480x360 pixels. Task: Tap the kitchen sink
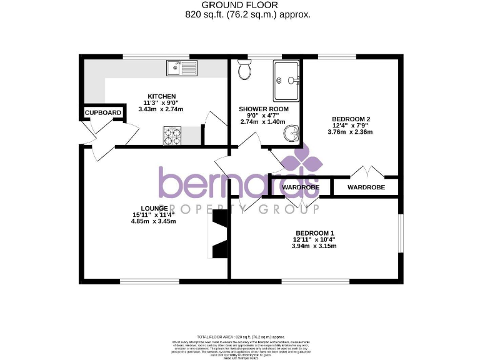(x=181, y=67)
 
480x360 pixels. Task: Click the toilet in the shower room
(x=244, y=71)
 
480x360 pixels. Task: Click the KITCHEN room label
(x=157, y=96)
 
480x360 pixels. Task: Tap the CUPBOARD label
(x=103, y=112)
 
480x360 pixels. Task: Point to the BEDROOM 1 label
(x=314, y=232)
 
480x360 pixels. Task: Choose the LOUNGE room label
(x=154, y=208)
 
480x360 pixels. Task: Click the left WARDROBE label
(x=301, y=187)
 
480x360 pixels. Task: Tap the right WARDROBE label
(x=366, y=187)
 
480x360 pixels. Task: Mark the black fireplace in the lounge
(x=219, y=234)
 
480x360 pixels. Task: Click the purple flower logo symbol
(x=302, y=161)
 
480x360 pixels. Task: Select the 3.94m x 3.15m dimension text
(x=314, y=246)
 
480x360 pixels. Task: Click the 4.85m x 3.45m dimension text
(x=154, y=221)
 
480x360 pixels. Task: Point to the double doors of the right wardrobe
(x=365, y=171)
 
